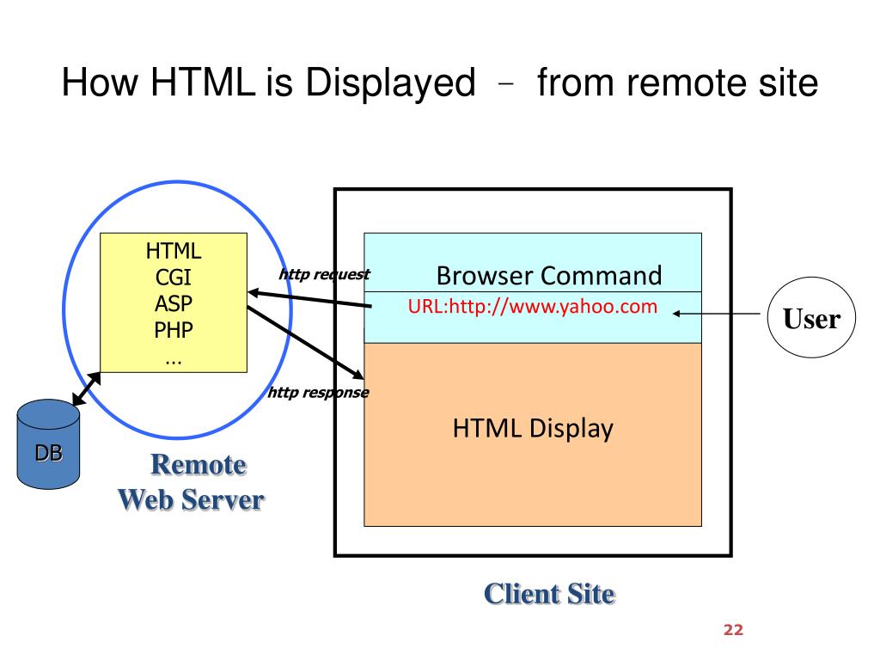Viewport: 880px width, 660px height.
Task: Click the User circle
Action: [x=804, y=320]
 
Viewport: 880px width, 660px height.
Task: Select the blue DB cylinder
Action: [x=48, y=444]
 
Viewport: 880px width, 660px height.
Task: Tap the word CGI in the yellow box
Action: [x=174, y=278]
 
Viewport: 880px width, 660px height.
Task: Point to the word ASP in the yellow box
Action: [x=174, y=303]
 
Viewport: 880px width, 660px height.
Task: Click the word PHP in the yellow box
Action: [x=174, y=330]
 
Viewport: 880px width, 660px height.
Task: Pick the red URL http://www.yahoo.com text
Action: [x=533, y=307]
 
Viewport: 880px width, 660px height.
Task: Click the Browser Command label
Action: [x=549, y=276]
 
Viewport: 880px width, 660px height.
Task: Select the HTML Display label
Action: [x=533, y=428]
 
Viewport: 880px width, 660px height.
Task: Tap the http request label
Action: [x=324, y=275]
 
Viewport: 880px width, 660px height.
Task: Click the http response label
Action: [x=318, y=393]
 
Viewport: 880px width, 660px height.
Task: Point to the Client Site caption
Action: [x=549, y=593]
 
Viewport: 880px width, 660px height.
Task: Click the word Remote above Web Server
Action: [x=199, y=465]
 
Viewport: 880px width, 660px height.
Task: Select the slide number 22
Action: [x=732, y=630]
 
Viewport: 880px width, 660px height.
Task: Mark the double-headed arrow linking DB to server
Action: [x=85, y=388]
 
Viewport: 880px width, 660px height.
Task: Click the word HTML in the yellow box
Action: [x=174, y=251]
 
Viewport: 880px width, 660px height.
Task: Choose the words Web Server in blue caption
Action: [x=191, y=499]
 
